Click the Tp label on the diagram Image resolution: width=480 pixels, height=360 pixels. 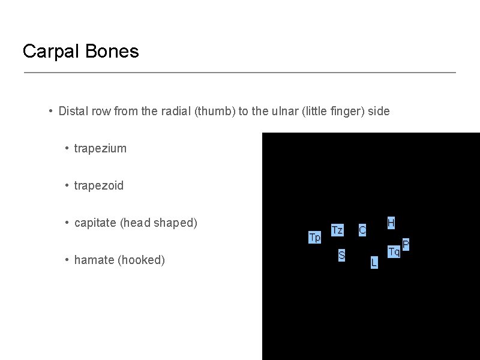tap(314, 237)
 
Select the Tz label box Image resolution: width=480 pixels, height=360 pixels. tap(337, 230)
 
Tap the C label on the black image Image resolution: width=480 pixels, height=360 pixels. tap(362, 230)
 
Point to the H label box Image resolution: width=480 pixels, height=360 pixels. tap(391, 223)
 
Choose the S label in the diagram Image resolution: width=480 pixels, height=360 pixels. tap(341, 256)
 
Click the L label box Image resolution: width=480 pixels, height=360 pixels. tap(374, 262)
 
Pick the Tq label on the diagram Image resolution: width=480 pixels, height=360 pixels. tap(394, 251)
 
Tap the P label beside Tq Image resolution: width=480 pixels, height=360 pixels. tap(406, 244)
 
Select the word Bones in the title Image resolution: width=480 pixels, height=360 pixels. tap(112, 52)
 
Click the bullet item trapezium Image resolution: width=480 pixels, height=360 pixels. tap(100, 148)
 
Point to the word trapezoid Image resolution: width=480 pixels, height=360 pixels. tap(98, 185)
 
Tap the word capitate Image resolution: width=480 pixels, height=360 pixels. tap(95, 223)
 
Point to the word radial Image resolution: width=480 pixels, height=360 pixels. tap(176, 111)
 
